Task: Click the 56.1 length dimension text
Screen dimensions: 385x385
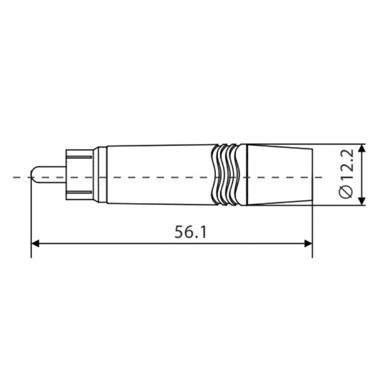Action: [x=191, y=232]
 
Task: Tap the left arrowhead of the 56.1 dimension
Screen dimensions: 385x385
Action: [x=35, y=244]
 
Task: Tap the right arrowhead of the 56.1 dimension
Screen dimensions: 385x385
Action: [x=308, y=244]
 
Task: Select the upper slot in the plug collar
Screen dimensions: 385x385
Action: [x=79, y=157]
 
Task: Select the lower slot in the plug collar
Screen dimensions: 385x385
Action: [x=79, y=192]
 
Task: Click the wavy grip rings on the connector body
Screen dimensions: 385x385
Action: [x=225, y=175]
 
